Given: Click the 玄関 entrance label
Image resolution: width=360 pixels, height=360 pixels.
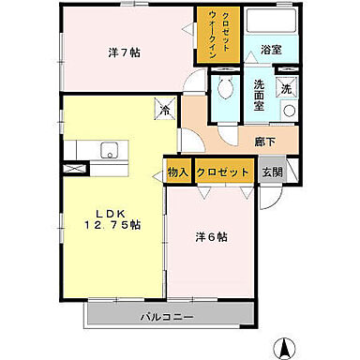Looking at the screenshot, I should pyautogui.click(x=271, y=172).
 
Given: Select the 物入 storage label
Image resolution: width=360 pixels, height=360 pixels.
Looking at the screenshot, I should pyautogui.click(x=176, y=172).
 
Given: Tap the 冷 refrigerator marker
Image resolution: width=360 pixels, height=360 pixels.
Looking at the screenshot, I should pyautogui.click(x=164, y=110).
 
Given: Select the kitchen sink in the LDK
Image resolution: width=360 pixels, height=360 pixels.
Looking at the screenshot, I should pyautogui.click(x=107, y=149).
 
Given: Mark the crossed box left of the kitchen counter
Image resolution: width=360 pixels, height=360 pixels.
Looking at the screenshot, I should pyautogui.click(x=72, y=169).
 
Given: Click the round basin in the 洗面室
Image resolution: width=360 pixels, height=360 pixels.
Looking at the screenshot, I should pyautogui.click(x=289, y=112).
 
